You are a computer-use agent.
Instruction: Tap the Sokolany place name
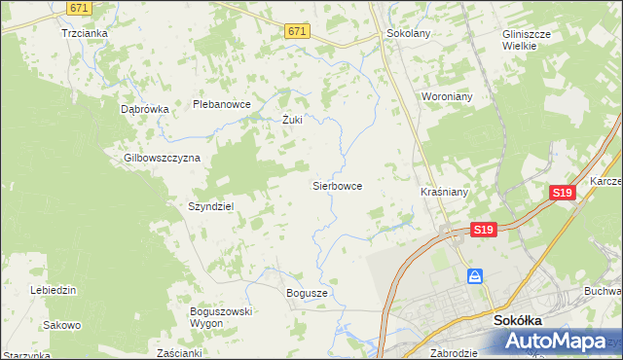(x=408, y=32)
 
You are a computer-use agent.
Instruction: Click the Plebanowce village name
(x=222, y=104)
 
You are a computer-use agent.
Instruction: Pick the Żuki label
(x=292, y=121)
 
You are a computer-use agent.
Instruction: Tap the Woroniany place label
(x=446, y=97)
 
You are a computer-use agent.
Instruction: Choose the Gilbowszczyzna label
(x=162, y=158)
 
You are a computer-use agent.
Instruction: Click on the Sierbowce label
(x=337, y=185)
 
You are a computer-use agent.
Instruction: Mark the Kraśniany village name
(x=444, y=192)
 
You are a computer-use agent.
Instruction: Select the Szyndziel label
(x=211, y=206)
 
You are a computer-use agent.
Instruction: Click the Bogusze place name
(x=308, y=292)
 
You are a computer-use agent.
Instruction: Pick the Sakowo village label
(x=62, y=325)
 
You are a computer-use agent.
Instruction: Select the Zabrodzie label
(x=453, y=353)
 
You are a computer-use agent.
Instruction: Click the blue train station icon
(x=475, y=277)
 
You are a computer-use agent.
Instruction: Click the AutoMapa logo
(x=559, y=342)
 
